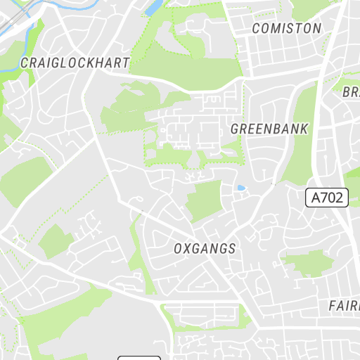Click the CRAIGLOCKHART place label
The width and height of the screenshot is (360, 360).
pos(75,63)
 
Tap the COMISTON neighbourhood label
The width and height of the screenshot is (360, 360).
pos(286,29)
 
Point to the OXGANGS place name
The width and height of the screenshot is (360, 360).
pos(205,249)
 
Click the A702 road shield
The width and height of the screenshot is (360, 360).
pos(328,198)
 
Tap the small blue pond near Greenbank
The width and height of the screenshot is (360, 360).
pos(241,188)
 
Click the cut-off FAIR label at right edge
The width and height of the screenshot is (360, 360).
pos(345,307)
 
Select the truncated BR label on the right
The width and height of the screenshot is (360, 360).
pos(351,92)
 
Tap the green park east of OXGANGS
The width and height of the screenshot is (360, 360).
pos(307,263)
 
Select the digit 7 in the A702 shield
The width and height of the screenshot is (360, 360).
pos(329,198)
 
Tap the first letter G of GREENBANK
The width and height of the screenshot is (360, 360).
pos(235,129)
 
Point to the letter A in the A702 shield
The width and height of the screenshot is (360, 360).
pos(317,198)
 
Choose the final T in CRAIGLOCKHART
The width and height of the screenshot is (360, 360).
pos(126,63)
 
